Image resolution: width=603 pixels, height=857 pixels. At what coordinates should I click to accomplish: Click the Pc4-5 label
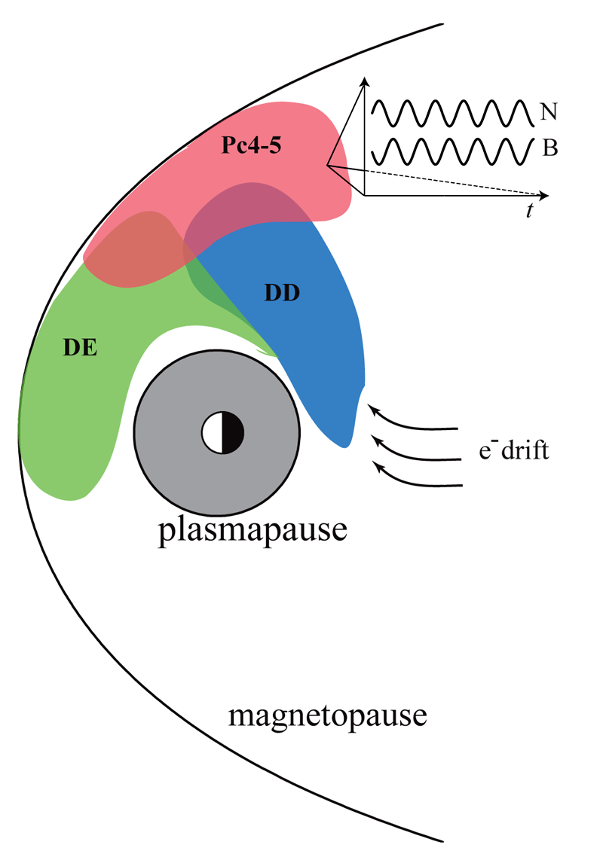tap(251, 145)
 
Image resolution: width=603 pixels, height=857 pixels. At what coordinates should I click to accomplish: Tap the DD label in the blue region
tap(282, 294)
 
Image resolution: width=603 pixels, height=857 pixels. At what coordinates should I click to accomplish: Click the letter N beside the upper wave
tap(548, 113)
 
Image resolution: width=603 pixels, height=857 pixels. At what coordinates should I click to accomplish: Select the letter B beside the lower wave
tap(549, 148)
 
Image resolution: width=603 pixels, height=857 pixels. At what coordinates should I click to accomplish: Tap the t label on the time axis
tap(531, 212)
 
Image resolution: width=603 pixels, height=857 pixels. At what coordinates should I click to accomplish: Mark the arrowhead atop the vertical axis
tap(364, 81)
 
